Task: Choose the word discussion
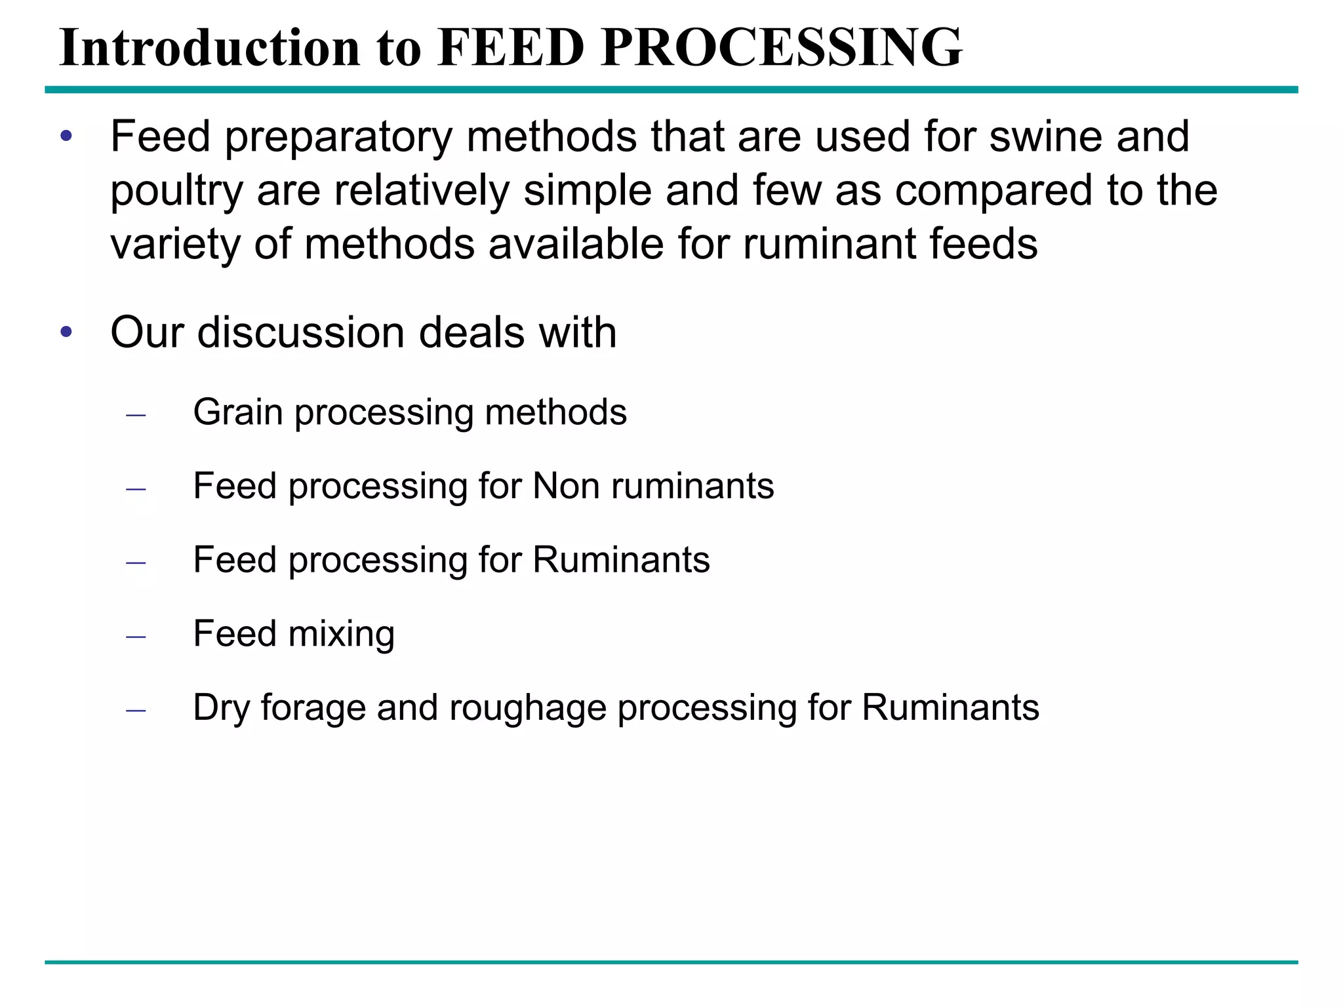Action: [301, 332]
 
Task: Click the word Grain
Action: [237, 412]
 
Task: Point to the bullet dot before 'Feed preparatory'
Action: [66, 137]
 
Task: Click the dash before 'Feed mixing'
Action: [136, 637]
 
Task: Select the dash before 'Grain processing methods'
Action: [136, 415]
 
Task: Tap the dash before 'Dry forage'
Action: [136, 710]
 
